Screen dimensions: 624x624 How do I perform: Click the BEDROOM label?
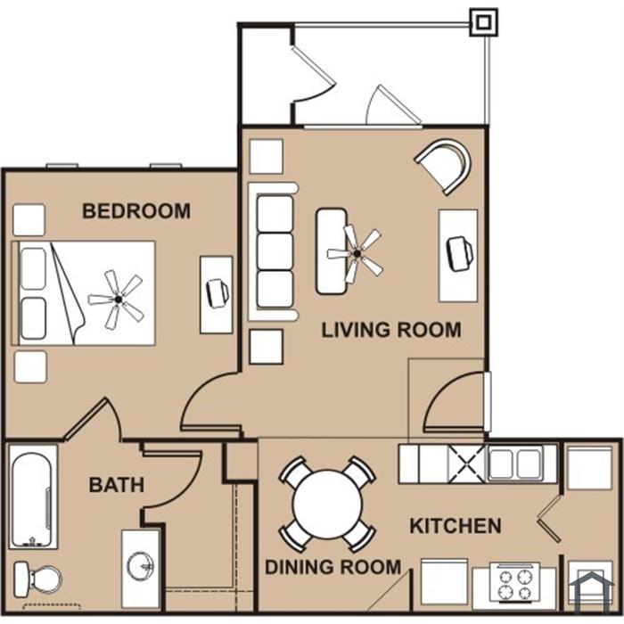pyautogui.click(x=136, y=211)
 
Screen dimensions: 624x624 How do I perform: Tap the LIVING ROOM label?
pyautogui.click(x=391, y=330)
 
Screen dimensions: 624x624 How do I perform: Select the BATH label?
pyautogui.click(x=116, y=485)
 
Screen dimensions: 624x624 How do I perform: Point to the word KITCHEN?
pyautogui.click(x=456, y=526)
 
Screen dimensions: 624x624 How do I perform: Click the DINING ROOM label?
pyautogui.click(x=333, y=567)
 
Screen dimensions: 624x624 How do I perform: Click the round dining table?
pyautogui.click(x=327, y=505)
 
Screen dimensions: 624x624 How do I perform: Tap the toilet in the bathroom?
pyautogui.click(x=37, y=579)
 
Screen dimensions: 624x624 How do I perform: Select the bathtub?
pyautogui.click(x=33, y=497)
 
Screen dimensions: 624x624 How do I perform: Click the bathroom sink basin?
pyautogui.click(x=140, y=566)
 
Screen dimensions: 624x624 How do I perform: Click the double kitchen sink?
pyautogui.click(x=515, y=464)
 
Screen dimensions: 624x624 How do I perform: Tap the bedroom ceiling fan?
pyautogui.click(x=118, y=299)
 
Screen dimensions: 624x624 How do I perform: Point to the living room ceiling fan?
pyautogui.click(x=357, y=253)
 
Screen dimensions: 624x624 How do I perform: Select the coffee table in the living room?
pyautogui.click(x=331, y=251)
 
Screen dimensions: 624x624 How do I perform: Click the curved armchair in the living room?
pyautogui.click(x=445, y=165)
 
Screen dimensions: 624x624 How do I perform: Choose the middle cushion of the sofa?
pyautogui.click(x=275, y=251)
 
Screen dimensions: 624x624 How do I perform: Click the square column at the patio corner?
pyautogui.click(x=483, y=22)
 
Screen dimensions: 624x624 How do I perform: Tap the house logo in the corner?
pyautogui.click(x=591, y=589)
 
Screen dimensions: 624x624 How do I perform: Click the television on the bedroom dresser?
pyautogui.click(x=218, y=293)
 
